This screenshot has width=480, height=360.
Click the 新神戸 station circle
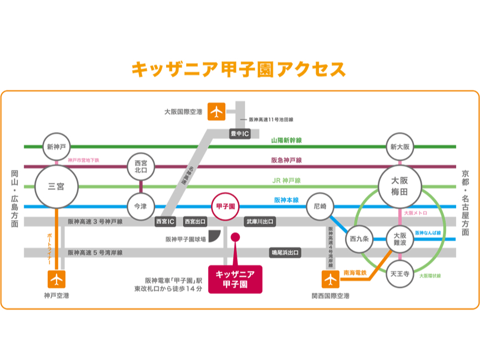click(57, 147)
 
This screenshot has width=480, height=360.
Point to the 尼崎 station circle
click(320, 206)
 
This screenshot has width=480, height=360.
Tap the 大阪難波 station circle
click(399, 239)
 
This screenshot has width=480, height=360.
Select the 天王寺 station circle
click(399, 274)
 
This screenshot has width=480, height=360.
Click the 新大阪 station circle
click(399, 147)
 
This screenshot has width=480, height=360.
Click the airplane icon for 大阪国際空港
click(217, 111)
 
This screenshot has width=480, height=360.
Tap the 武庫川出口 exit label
click(259, 222)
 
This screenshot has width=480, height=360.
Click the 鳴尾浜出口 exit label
click(285, 253)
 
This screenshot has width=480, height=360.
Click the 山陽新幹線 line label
click(286, 141)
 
